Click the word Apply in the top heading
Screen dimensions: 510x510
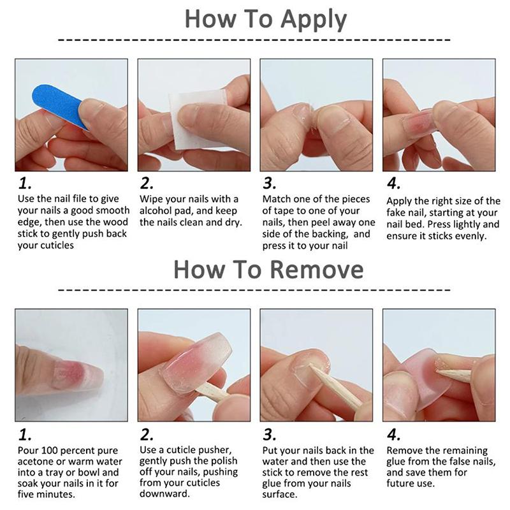(x=314, y=20)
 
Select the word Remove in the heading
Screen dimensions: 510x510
(x=317, y=270)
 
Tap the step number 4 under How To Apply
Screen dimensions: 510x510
(x=393, y=184)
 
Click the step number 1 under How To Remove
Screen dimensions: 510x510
(x=25, y=435)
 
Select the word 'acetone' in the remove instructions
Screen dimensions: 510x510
(x=36, y=462)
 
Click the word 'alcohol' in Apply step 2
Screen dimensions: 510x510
(x=156, y=211)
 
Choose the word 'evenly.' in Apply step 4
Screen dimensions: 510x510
(x=470, y=236)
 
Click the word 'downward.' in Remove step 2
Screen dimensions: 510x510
(x=164, y=493)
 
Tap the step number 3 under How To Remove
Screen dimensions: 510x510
(x=269, y=435)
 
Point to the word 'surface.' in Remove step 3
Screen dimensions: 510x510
(x=280, y=495)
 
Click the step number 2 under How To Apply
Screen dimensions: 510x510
(x=147, y=184)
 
